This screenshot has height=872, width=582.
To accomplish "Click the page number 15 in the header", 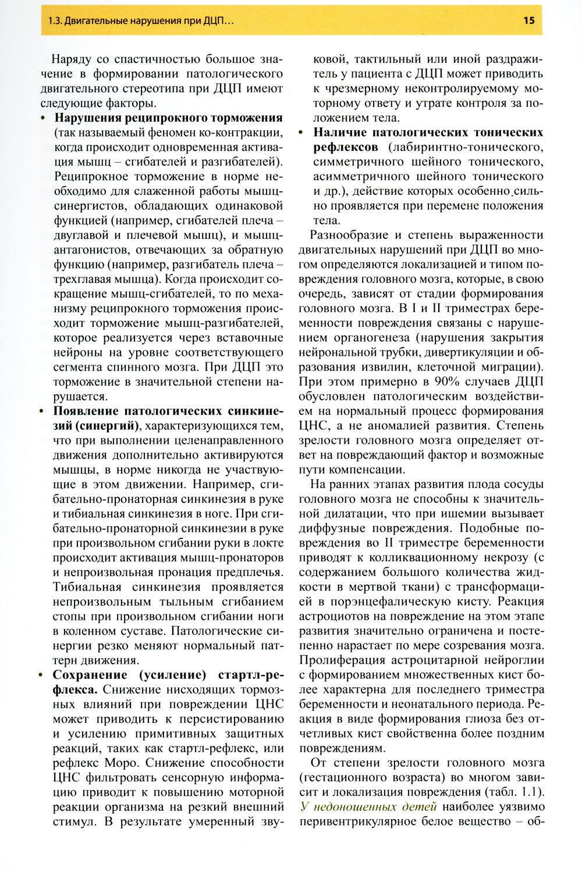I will click(x=528, y=21).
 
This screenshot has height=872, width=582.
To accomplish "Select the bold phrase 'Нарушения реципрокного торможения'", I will click(x=168, y=118).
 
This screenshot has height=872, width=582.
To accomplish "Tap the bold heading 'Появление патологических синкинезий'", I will click(x=168, y=411).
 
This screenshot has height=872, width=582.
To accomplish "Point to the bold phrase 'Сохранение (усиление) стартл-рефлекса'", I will click(x=168, y=675).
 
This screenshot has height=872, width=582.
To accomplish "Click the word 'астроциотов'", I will click(x=332, y=616).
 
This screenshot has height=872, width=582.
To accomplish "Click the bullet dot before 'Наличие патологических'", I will click(x=301, y=133).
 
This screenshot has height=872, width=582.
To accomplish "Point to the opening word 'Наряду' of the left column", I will click(x=70, y=59).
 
